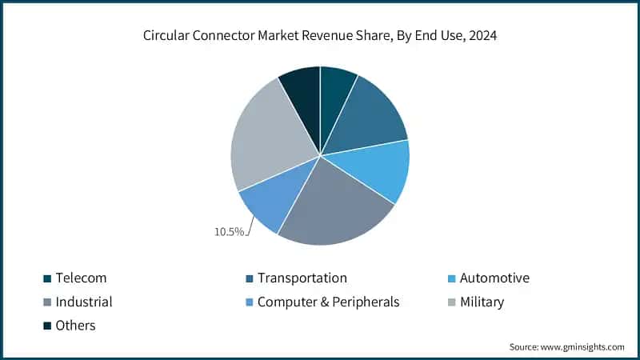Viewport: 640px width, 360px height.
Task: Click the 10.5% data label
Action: [228, 231]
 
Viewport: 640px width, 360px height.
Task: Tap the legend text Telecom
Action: [82, 278]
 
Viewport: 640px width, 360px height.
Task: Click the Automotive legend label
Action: [494, 278]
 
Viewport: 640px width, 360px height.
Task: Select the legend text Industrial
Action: [84, 302]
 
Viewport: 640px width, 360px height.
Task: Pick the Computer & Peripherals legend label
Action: [329, 302]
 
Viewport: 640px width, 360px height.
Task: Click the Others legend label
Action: [76, 325]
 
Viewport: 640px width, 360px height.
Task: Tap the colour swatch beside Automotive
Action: [450, 278]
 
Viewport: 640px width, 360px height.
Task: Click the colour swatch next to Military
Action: [450, 302]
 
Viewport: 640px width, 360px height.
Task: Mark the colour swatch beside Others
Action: [47, 325]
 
